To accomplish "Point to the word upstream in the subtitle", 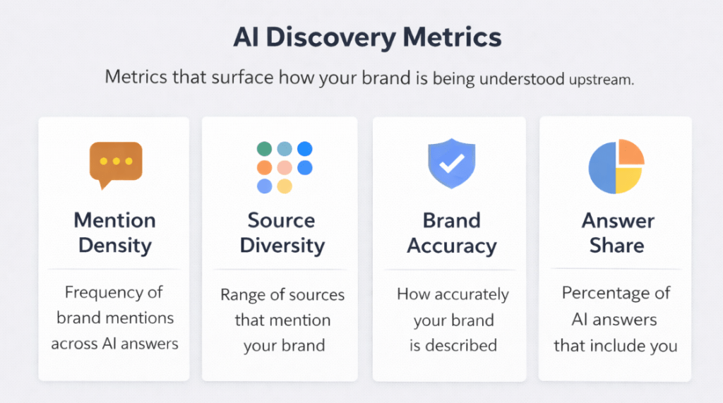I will [x=601, y=79].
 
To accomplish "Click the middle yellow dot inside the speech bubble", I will [x=116, y=161].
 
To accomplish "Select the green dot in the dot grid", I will [x=264, y=149].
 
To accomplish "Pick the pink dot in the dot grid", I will [x=285, y=167].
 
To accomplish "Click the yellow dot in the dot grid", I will [x=285, y=186].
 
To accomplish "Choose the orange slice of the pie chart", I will [x=631, y=152].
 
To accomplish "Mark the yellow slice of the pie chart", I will [x=628, y=180].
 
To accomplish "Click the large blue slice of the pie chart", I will [x=602, y=167].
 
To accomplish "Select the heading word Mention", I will [x=115, y=220].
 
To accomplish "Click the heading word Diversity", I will [x=282, y=246].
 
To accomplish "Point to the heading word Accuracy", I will [x=452, y=246].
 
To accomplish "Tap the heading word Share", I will [x=618, y=246].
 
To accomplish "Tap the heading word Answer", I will [x=618, y=220].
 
